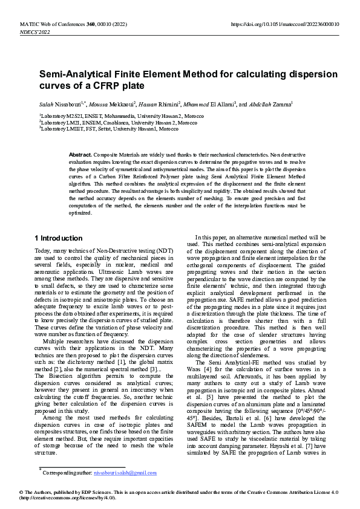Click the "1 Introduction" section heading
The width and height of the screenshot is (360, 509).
59,238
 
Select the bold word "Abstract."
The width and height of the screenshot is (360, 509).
80,155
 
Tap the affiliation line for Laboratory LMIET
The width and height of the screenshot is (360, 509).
110,129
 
